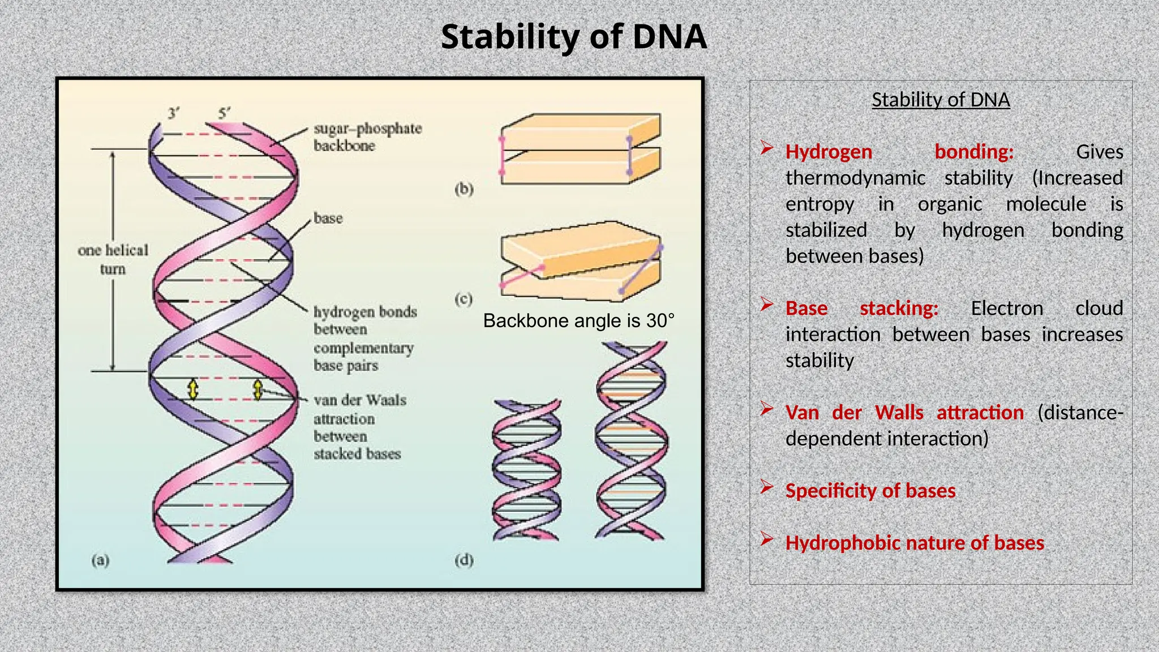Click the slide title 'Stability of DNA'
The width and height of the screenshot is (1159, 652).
[573, 37]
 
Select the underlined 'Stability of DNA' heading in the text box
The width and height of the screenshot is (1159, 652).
[941, 100]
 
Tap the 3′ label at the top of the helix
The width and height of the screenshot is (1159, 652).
[174, 113]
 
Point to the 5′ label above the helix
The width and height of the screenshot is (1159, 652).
[224, 113]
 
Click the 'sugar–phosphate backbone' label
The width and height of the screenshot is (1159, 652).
[367, 137]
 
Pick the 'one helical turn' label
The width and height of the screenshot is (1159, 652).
[113, 259]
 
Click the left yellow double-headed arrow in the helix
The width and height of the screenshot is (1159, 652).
[193, 389]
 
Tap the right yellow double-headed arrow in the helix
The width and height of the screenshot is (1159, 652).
[258, 389]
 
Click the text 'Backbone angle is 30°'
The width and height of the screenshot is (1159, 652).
[578, 321]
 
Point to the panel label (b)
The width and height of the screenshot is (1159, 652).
[463, 188]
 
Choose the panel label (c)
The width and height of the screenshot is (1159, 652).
[463, 299]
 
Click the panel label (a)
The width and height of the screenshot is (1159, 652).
[100, 560]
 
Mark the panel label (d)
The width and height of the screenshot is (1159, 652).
[463, 560]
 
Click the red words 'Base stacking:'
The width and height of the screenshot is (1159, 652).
[861, 308]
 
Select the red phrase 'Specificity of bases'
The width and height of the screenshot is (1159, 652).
[870, 491]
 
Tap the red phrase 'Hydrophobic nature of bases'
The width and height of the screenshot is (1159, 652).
[914, 543]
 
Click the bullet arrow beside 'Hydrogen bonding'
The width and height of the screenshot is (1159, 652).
[767, 148]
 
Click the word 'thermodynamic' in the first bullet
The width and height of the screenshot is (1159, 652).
[855, 178]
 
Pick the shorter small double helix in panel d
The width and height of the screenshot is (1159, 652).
[526, 470]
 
